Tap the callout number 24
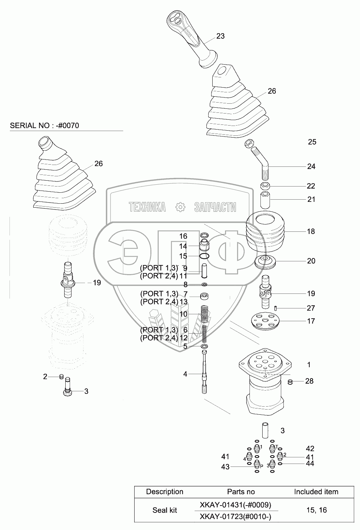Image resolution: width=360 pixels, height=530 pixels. tap(311, 166)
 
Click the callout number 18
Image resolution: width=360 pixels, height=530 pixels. tap(311, 231)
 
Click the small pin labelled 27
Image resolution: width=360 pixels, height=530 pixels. tap(276, 308)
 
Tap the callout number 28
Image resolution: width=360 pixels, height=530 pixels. tap(309, 381)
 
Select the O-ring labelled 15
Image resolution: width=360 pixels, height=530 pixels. tap(205, 256)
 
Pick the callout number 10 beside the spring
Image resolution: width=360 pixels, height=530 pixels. tap(183, 314)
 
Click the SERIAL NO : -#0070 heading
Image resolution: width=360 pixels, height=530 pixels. tap(44, 126)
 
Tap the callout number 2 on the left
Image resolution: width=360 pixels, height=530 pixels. tap(45, 377)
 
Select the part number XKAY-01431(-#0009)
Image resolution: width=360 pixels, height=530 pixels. tap(235, 505)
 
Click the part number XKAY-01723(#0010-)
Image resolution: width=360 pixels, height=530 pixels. tap(235, 516)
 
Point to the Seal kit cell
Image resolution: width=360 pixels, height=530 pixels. tap(164, 510)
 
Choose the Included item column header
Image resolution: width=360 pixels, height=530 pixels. tap(316, 492)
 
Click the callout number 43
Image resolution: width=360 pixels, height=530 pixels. tap(225, 467)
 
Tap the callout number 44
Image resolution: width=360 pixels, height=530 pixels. tap(310, 464)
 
